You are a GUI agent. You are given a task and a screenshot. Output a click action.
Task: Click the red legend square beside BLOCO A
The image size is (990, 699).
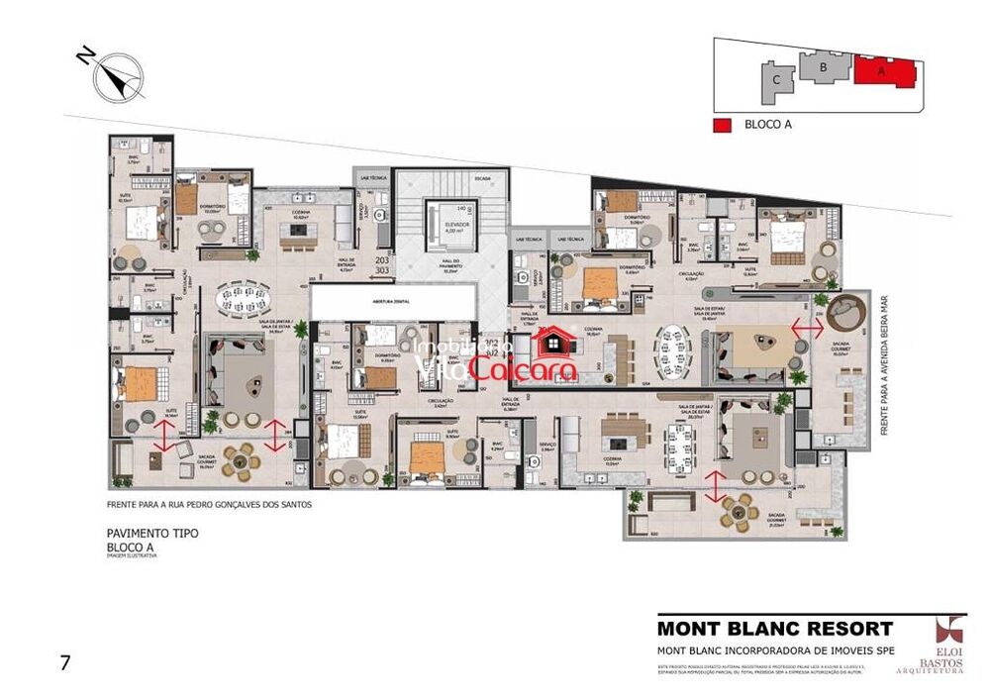(724, 125)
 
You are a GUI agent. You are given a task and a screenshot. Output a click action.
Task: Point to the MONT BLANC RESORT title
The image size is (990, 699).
(775, 628)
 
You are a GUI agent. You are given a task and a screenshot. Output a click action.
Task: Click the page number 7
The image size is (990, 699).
(64, 662)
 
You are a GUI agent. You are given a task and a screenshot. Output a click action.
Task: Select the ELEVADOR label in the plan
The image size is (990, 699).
(456, 225)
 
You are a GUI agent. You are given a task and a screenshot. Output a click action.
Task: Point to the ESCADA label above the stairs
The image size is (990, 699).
(482, 179)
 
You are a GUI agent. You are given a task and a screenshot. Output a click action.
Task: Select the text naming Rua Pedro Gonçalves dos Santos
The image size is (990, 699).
(209, 504)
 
